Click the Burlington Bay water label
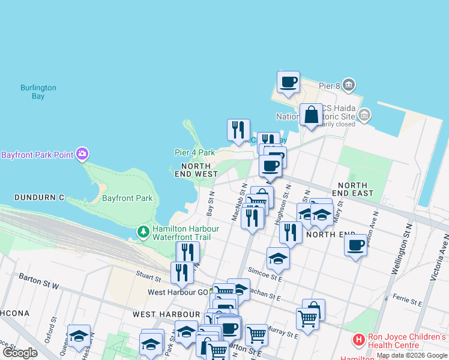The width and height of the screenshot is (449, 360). coord(38,92)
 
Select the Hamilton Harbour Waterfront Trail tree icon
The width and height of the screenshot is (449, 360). coord(143,232)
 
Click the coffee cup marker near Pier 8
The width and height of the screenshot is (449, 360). coord(288,82)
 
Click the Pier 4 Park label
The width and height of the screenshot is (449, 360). coord(194,153)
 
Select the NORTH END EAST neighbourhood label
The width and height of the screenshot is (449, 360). coord(355,190)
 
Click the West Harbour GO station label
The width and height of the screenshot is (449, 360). coord(178,292)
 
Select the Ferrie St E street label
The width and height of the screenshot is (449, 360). coord(408,298)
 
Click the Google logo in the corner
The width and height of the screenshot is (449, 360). coord(20,353)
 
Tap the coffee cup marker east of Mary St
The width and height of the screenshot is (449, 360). coord(355,245)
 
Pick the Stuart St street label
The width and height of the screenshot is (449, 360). coord(148,278)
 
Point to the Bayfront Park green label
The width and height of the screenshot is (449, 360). coord(127,198)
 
